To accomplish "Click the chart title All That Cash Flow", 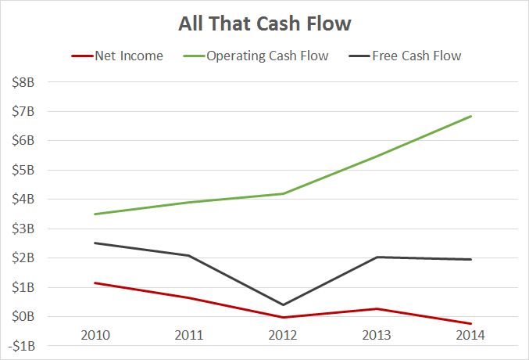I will (x=264, y=23).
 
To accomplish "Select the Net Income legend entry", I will (x=128, y=56).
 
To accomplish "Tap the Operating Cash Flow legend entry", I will (x=266, y=56).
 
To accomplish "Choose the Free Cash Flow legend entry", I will (x=416, y=56).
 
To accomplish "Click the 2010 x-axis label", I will (x=95, y=335).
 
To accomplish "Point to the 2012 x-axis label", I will (x=283, y=335).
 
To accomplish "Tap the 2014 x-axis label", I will (x=470, y=335).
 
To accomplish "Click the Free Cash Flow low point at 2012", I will (x=283, y=304).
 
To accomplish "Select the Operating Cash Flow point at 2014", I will (x=470, y=117).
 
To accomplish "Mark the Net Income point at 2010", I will (x=95, y=283).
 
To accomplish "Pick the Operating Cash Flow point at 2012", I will (x=283, y=193).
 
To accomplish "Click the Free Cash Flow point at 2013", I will (x=377, y=257).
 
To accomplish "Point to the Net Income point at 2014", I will (x=470, y=323).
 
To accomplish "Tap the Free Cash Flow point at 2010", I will (x=95, y=243).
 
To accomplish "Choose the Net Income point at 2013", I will (x=377, y=308).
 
